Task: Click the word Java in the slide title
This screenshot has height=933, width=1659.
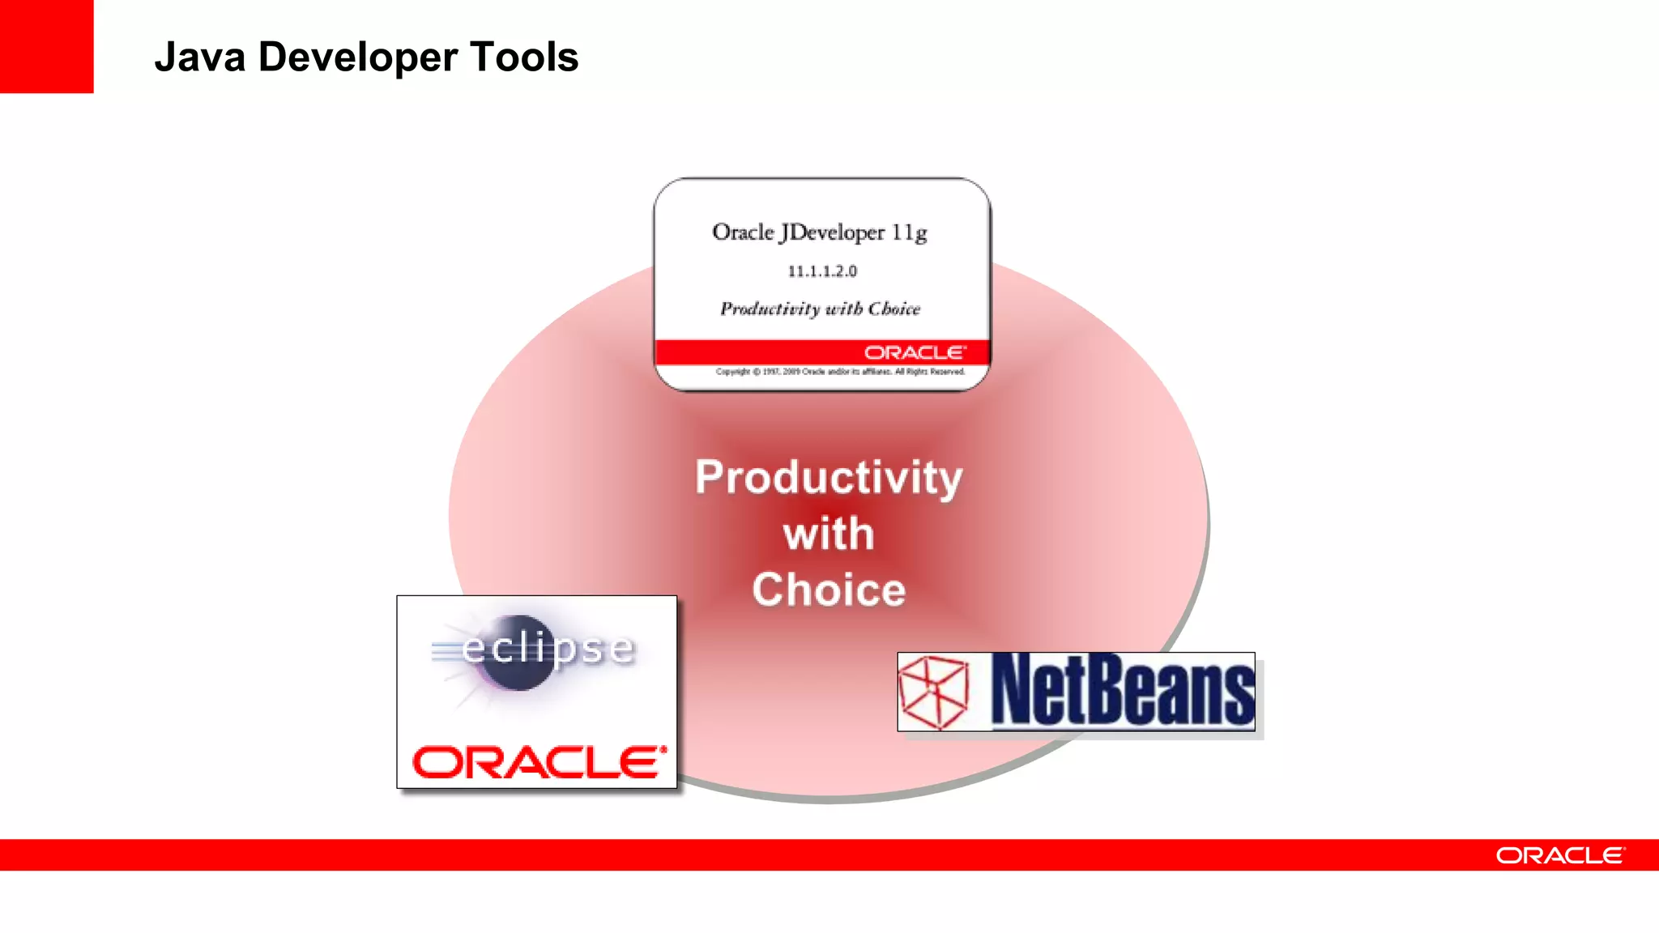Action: point(199,58)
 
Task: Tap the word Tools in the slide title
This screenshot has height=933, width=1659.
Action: point(524,58)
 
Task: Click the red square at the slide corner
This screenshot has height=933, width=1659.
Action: point(46,46)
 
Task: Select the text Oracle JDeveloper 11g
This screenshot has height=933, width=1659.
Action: point(819,232)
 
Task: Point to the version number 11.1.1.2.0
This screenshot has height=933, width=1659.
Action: point(822,271)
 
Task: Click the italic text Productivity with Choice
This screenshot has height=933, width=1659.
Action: point(820,309)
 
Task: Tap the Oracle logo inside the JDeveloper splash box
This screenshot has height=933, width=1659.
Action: point(915,352)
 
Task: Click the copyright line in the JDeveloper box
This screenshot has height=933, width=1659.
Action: point(840,372)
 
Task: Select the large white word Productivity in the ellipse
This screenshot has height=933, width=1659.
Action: point(829,477)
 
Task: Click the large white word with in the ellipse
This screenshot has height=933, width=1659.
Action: point(829,534)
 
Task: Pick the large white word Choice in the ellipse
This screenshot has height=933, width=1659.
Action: point(829,590)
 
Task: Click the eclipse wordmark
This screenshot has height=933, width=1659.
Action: point(548,648)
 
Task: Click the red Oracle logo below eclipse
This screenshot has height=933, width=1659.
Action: point(539,762)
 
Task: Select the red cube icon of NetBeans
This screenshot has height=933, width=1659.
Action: point(935,692)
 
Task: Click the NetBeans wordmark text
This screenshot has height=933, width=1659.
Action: point(1123,691)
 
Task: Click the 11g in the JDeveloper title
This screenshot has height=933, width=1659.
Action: point(909,232)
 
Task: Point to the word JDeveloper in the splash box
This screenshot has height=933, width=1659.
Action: point(832,232)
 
